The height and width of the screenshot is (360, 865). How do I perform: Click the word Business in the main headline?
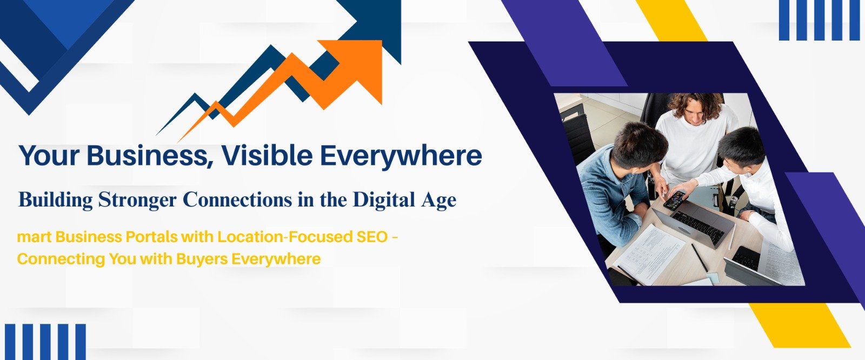click(x=149, y=156)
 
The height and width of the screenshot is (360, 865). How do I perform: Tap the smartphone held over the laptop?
click(x=675, y=200)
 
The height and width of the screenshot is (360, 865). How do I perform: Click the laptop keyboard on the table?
click(x=698, y=226)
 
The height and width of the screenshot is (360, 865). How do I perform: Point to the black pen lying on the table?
click(x=700, y=258)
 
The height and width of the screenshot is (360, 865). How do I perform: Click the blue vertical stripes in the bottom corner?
click(x=45, y=342)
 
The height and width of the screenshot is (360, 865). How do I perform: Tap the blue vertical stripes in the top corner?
click(x=819, y=20)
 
